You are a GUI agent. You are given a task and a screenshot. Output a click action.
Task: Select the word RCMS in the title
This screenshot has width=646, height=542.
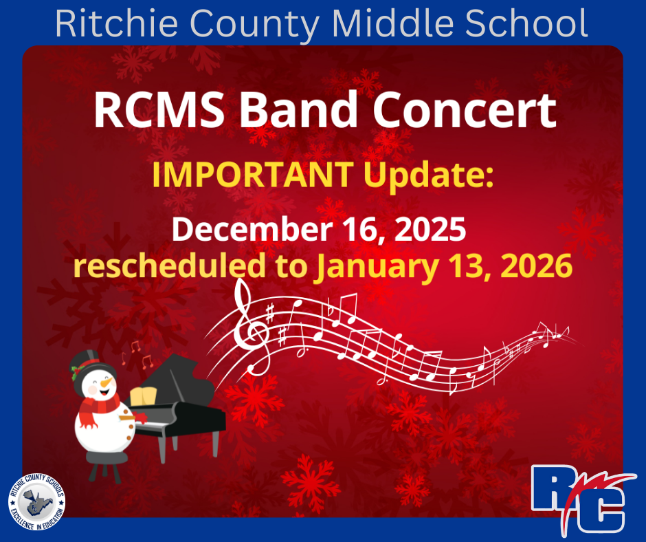click(157, 110)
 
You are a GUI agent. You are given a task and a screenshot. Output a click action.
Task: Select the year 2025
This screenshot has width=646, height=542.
click(429, 230)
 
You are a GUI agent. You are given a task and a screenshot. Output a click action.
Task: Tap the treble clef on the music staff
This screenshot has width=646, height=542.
click(247, 323)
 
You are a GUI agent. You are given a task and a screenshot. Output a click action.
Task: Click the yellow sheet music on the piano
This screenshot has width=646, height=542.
click(143, 397)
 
